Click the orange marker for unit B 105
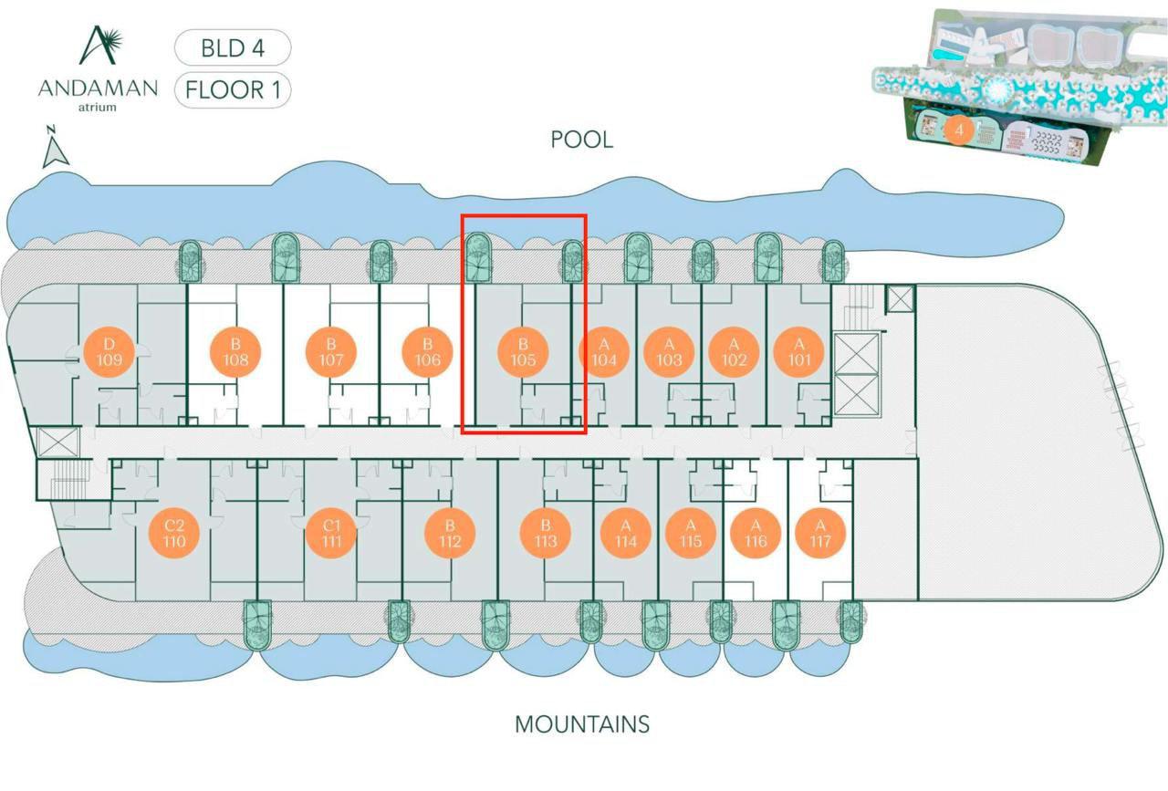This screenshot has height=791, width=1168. click(523, 353)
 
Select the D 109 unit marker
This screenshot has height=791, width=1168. click(109, 353)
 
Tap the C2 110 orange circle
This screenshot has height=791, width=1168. click(175, 534)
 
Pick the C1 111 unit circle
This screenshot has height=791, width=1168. click(331, 534)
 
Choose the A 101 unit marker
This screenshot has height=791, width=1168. click(799, 353)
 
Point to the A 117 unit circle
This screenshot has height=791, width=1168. click(819, 534)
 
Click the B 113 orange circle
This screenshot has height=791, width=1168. click(545, 534)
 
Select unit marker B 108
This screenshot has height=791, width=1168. click(235, 353)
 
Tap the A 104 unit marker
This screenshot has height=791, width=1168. click(603, 353)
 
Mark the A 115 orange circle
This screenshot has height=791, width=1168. click(691, 534)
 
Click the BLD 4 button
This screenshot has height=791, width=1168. click(233, 48)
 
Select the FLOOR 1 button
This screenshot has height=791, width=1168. click(233, 90)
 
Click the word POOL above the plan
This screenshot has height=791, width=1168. click(582, 140)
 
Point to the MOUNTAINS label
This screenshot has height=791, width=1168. click(582, 724)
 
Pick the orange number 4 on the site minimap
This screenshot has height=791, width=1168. click(958, 130)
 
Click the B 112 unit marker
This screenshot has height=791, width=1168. click(450, 534)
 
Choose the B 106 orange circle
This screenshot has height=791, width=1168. click(427, 353)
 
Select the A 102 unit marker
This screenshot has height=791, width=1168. click(734, 353)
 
